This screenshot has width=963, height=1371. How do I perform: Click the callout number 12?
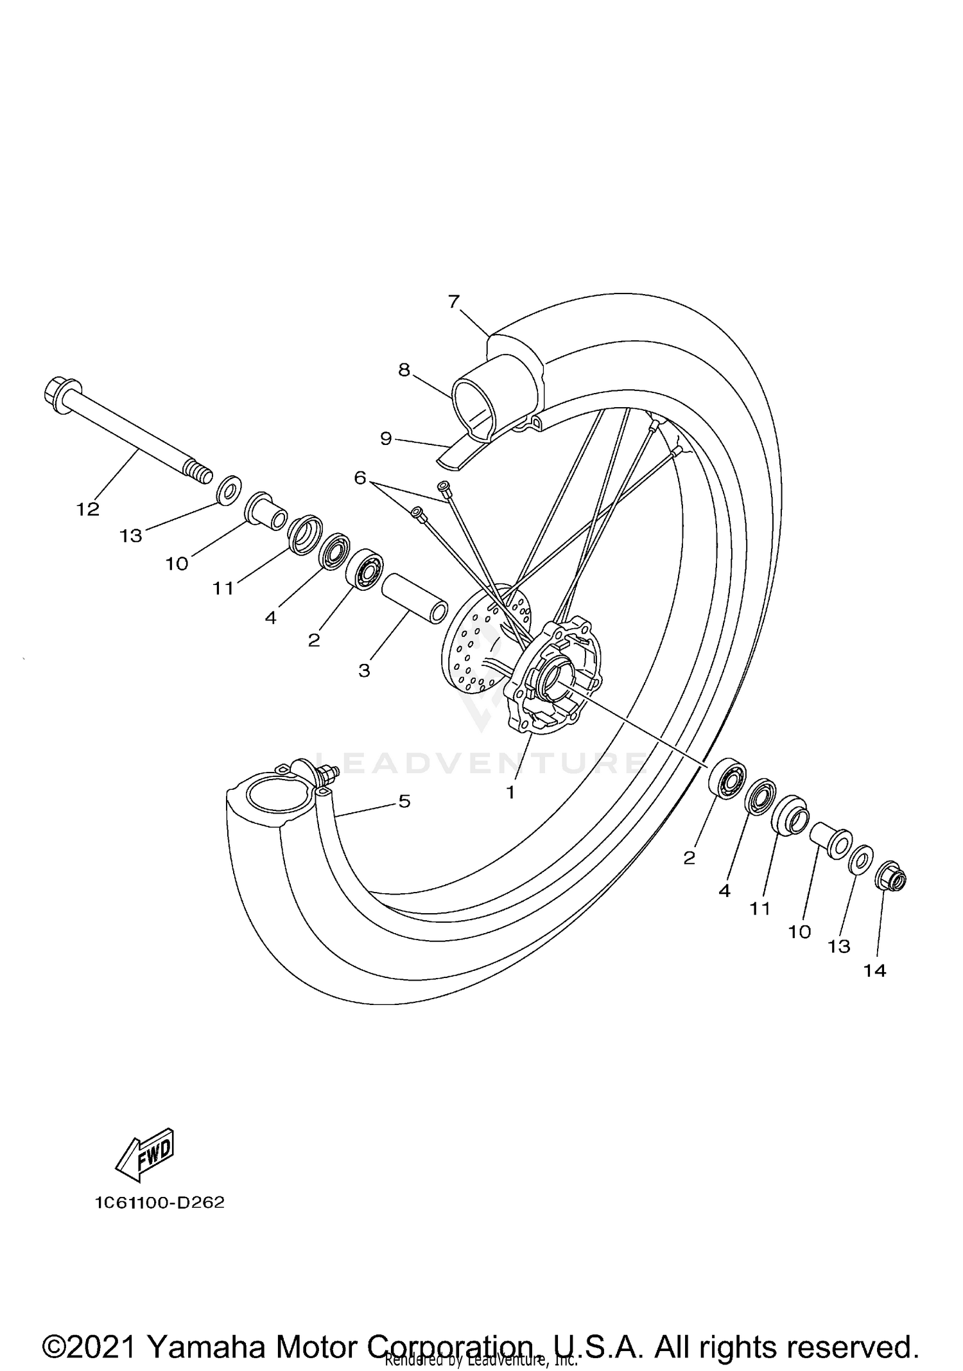88,509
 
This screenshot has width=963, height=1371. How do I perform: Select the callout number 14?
874,971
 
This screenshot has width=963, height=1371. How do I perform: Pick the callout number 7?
454,301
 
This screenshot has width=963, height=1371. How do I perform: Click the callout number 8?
404,370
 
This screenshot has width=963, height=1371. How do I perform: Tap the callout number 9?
386,439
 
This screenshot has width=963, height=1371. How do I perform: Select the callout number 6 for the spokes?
360,478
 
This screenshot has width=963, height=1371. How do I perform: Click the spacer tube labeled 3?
415,597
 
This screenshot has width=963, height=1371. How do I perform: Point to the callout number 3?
364,671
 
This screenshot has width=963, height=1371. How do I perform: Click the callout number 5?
404,801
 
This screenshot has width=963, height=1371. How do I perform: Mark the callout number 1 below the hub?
510,793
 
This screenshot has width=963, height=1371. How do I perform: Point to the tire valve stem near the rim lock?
327,773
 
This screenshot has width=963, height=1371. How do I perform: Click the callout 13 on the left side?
131,536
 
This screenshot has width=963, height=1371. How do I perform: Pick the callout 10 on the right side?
800,932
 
